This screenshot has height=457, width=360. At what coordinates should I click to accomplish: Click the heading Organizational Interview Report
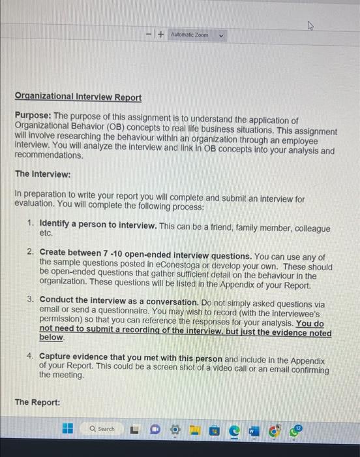pyautogui.click(x=78, y=97)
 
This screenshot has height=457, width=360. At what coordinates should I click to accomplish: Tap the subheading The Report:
pyautogui.click(x=37, y=403)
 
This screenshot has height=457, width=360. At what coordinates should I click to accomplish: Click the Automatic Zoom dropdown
pyautogui.click(x=196, y=34)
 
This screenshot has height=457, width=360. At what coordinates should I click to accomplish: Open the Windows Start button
pyautogui.click(x=67, y=429)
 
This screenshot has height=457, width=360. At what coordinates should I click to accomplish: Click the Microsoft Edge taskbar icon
pyautogui.click(x=234, y=430)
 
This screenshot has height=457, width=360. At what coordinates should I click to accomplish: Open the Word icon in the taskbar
pyautogui.click(x=254, y=430)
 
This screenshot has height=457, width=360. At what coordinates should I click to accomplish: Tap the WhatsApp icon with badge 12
pyautogui.click(x=294, y=429)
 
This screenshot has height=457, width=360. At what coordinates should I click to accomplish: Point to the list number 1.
pyautogui.click(x=31, y=225)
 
